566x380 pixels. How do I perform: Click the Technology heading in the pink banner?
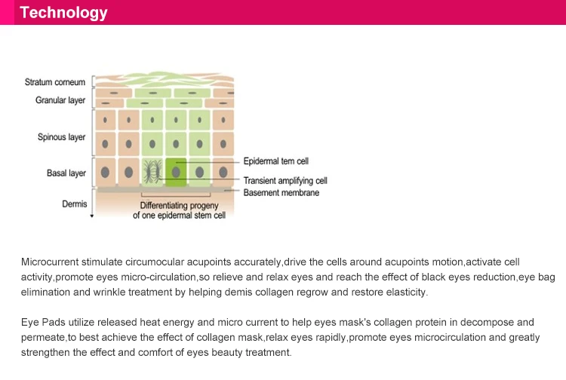click(x=63, y=13)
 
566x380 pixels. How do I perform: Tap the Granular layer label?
click(x=60, y=100)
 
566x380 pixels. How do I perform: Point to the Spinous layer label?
click(x=61, y=137)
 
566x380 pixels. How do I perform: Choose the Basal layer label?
click(x=66, y=173)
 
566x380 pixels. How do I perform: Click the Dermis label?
click(x=74, y=204)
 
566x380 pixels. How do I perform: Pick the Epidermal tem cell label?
click(x=275, y=161)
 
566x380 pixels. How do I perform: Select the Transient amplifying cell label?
click(x=285, y=181)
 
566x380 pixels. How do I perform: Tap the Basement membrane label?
click(x=281, y=192)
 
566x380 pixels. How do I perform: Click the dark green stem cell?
click(x=176, y=173)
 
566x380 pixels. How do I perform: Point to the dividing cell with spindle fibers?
click(x=153, y=172)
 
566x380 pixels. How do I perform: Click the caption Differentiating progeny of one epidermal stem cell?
click(x=179, y=210)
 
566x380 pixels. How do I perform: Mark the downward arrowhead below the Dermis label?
click(x=91, y=216)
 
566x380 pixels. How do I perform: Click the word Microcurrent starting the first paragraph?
click(x=50, y=262)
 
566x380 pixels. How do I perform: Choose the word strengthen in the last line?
click(x=47, y=352)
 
